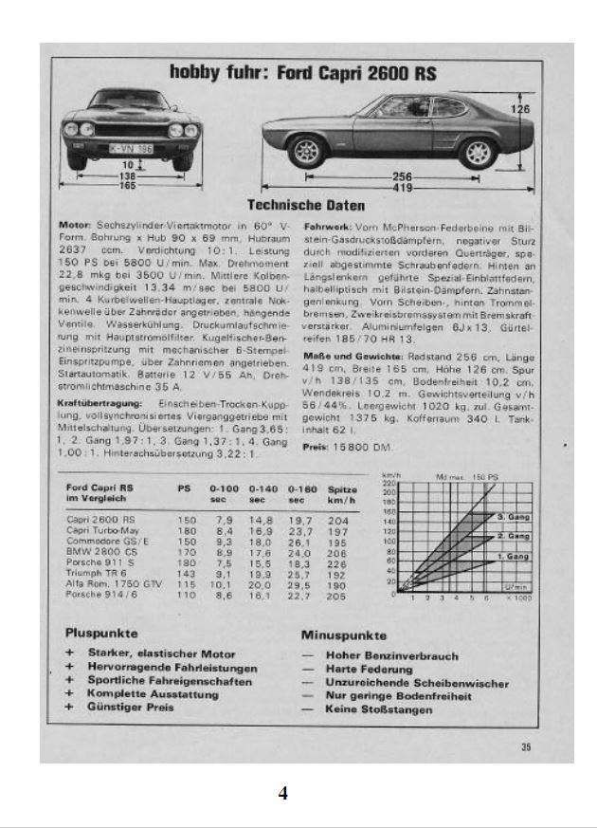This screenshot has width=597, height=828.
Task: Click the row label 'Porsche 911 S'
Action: click(x=94, y=562)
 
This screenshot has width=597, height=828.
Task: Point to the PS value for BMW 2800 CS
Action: click(x=185, y=552)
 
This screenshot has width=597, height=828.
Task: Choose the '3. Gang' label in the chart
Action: click(x=513, y=517)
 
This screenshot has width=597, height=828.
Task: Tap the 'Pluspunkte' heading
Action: click(x=101, y=633)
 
